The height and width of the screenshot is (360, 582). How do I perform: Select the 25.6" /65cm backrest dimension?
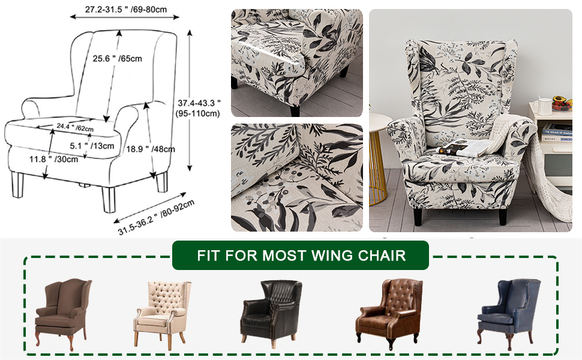pyautogui.click(x=118, y=58)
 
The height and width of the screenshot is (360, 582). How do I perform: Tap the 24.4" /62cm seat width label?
pyautogui.click(x=75, y=127)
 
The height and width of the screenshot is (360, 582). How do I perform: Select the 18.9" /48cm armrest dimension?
pyautogui.click(x=151, y=149)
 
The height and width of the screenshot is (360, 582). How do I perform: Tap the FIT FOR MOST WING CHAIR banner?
pyautogui.click(x=301, y=256)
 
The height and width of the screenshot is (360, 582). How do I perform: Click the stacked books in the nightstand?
pyautogui.click(x=557, y=132)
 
